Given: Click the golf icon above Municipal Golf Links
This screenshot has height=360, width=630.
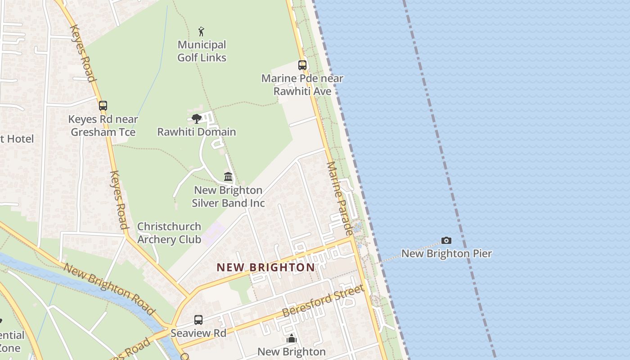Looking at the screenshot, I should pyautogui.click(x=201, y=31).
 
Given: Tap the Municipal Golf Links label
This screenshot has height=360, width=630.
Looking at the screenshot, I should pyautogui.click(x=202, y=51).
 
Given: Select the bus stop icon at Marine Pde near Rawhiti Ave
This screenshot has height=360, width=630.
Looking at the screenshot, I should pyautogui.click(x=302, y=65).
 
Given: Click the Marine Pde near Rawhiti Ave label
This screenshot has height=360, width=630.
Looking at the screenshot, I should pyautogui.click(x=302, y=85).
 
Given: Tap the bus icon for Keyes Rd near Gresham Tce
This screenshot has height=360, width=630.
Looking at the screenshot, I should pyautogui.click(x=103, y=106).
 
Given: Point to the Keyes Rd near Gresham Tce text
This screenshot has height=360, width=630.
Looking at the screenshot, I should pyautogui.click(x=103, y=126).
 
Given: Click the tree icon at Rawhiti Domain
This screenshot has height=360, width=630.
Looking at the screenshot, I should pyautogui.click(x=196, y=119).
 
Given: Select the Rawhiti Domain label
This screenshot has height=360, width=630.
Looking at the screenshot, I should pyautogui.click(x=196, y=132).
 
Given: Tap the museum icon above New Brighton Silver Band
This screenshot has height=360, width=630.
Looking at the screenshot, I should pyautogui.click(x=228, y=176).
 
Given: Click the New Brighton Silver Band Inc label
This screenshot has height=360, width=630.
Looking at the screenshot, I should pyautogui.click(x=228, y=197).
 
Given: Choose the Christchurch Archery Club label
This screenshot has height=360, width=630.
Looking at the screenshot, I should pyautogui.click(x=169, y=233).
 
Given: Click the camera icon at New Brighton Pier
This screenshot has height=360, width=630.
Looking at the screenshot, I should pyautogui.click(x=446, y=241).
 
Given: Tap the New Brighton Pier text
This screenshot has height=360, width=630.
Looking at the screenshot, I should pyautogui.click(x=446, y=253).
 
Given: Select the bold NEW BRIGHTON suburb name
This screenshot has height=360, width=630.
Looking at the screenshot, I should pyautogui.click(x=265, y=267).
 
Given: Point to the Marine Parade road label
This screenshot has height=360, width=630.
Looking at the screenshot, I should pyautogui.click(x=339, y=198).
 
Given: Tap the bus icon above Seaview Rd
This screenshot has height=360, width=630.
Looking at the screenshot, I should pyautogui.click(x=198, y=320).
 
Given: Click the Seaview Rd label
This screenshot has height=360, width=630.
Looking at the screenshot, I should pyautogui.click(x=198, y=333).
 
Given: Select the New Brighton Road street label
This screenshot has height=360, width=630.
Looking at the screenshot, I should pyautogui.click(x=109, y=288).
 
